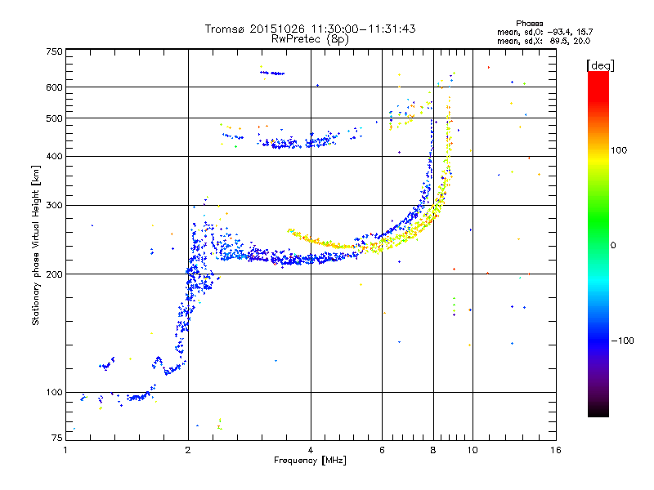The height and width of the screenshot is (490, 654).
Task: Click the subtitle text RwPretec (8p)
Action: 310,39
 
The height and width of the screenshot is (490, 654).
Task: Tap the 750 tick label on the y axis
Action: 55,51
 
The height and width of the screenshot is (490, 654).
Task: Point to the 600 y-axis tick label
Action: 55,87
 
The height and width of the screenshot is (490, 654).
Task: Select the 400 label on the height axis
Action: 55,157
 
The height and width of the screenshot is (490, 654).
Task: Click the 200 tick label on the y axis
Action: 55,274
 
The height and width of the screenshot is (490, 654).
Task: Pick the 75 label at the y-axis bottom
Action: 57,438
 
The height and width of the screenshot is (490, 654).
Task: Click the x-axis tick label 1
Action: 65,450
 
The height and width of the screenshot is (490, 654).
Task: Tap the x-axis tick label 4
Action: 311,450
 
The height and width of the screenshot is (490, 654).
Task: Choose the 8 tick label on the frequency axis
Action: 433,450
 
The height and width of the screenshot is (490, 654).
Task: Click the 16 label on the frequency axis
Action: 556,450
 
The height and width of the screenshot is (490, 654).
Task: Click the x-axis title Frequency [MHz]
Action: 310,461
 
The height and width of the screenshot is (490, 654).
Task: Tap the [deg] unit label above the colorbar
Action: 600,66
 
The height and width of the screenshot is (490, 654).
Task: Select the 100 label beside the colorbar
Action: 619,150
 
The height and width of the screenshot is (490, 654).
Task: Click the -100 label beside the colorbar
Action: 622,341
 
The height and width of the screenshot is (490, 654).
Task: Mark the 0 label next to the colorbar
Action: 613,246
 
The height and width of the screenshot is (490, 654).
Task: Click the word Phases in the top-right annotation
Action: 529,24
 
